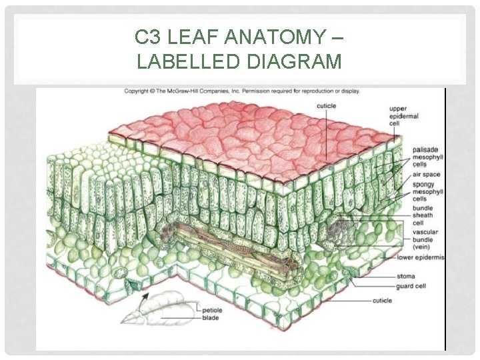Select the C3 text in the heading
point(149,37)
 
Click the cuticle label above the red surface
point(327,106)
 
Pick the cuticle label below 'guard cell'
point(382,301)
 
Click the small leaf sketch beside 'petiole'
point(166,311)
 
